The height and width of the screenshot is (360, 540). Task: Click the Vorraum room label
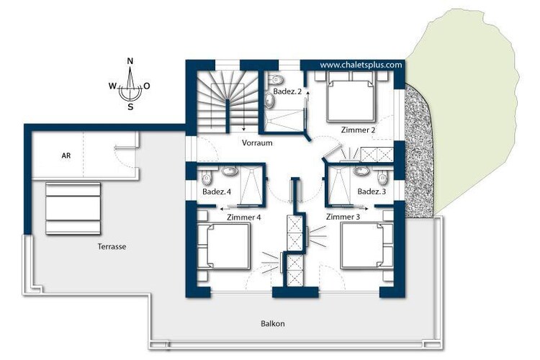pyautogui.click(x=257, y=143)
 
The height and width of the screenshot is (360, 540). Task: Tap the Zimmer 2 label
pyautogui.click(x=358, y=130)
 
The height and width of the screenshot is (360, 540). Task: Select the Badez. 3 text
pyautogui.click(x=372, y=192)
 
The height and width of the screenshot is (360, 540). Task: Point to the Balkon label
pyautogui.click(x=273, y=323)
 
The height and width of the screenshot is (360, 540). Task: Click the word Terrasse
pyautogui.click(x=112, y=246)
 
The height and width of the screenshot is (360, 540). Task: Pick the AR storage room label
pyautogui.click(x=66, y=156)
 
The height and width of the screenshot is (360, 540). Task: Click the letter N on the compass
pyautogui.click(x=130, y=61)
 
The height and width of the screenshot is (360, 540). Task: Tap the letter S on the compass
pyautogui.click(x=130, y=107)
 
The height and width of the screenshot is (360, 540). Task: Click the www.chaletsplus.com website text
pyautogui.click(x=361, y=65)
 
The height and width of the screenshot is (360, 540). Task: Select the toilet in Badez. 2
pyautogui.click(x=275, y=80)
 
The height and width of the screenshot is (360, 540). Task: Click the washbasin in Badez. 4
pyautogui.click(x=228, y=171)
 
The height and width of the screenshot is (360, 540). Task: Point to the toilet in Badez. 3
pyautogui.click(x=382, y=177)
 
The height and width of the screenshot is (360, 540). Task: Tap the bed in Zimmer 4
pyautogui.click(x=228, y=246)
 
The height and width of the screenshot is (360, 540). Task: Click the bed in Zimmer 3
pyautogui.click(x=362, y=246)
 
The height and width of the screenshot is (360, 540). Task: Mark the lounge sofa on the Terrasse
pyautogui.click(x=73, y=208)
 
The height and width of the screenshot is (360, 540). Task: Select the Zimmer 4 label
pyautogui.click(x=244, y=217)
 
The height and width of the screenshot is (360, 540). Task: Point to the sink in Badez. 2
pyautogui.click(x=269, y=101)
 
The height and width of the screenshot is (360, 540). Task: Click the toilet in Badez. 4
pyautogui.click(x=207, y=178)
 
